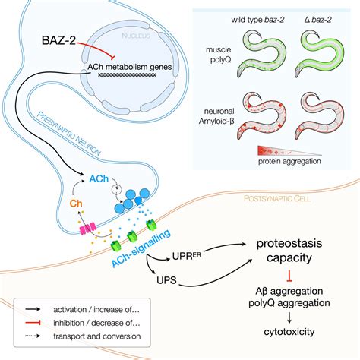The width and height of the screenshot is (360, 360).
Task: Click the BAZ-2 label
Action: click(58, 40)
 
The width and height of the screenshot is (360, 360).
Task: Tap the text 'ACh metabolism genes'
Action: click(130, 67)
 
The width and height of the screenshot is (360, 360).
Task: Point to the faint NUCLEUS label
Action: click(136, 36)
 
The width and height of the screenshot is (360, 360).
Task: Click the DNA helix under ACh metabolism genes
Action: click(127, 74)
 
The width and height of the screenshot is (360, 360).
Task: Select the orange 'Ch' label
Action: click(76, 204)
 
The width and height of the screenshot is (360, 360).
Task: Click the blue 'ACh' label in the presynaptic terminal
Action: click(99, 179)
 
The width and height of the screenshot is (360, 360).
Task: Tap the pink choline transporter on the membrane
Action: click(88, 229)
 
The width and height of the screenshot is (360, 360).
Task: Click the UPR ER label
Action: click(187, 256)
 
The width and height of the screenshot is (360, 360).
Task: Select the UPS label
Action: click(166, 280)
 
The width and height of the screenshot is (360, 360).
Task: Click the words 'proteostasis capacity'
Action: click(289, 251)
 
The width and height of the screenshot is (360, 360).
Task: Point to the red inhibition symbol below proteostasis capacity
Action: click(289, 276)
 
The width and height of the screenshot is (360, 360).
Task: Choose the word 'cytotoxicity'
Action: click(289, 332)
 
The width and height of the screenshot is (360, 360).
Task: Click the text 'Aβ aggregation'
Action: click(289, 291)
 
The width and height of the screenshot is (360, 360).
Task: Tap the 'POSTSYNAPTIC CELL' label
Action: click(277, 198)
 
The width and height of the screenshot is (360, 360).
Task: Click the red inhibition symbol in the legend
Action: click(33, 323)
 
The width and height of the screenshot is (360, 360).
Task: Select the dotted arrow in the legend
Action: click(33, 336)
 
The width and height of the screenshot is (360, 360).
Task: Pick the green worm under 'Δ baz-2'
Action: click(320, 54)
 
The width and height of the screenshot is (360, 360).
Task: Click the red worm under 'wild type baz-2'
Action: click(261, 116)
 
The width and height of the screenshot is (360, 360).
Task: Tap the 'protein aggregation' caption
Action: click(289, 161)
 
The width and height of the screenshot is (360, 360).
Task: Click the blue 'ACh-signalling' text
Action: click(141, 248)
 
